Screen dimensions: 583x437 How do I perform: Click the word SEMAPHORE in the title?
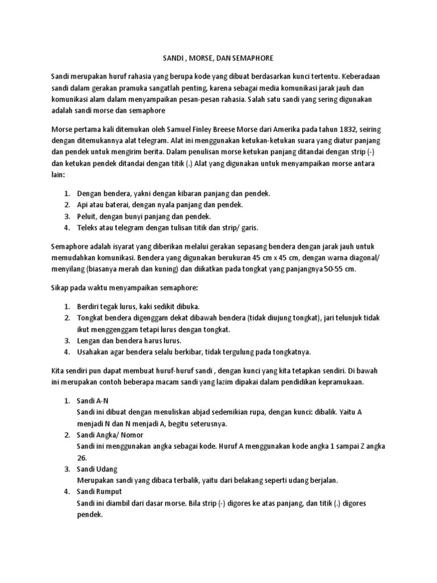252,58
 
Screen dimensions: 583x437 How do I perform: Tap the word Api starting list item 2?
83,205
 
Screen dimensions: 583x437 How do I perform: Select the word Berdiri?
90,306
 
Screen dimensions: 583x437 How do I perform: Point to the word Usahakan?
94,351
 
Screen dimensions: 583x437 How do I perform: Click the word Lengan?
89,340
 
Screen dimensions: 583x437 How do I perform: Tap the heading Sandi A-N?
92,401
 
